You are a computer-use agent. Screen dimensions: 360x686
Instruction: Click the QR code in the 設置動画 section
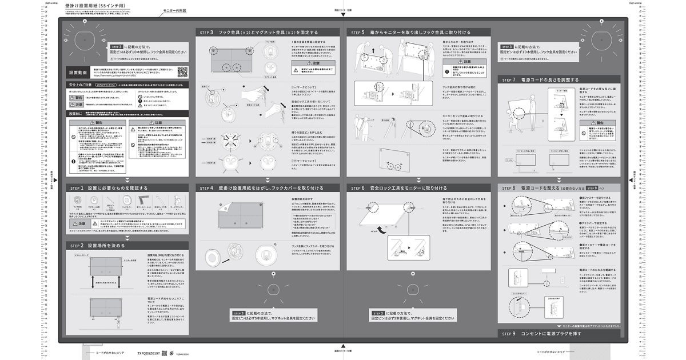coord(182,72)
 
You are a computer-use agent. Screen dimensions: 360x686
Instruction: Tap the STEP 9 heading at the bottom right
coord(541,333)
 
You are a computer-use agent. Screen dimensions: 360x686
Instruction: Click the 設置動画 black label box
coord(79,73)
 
